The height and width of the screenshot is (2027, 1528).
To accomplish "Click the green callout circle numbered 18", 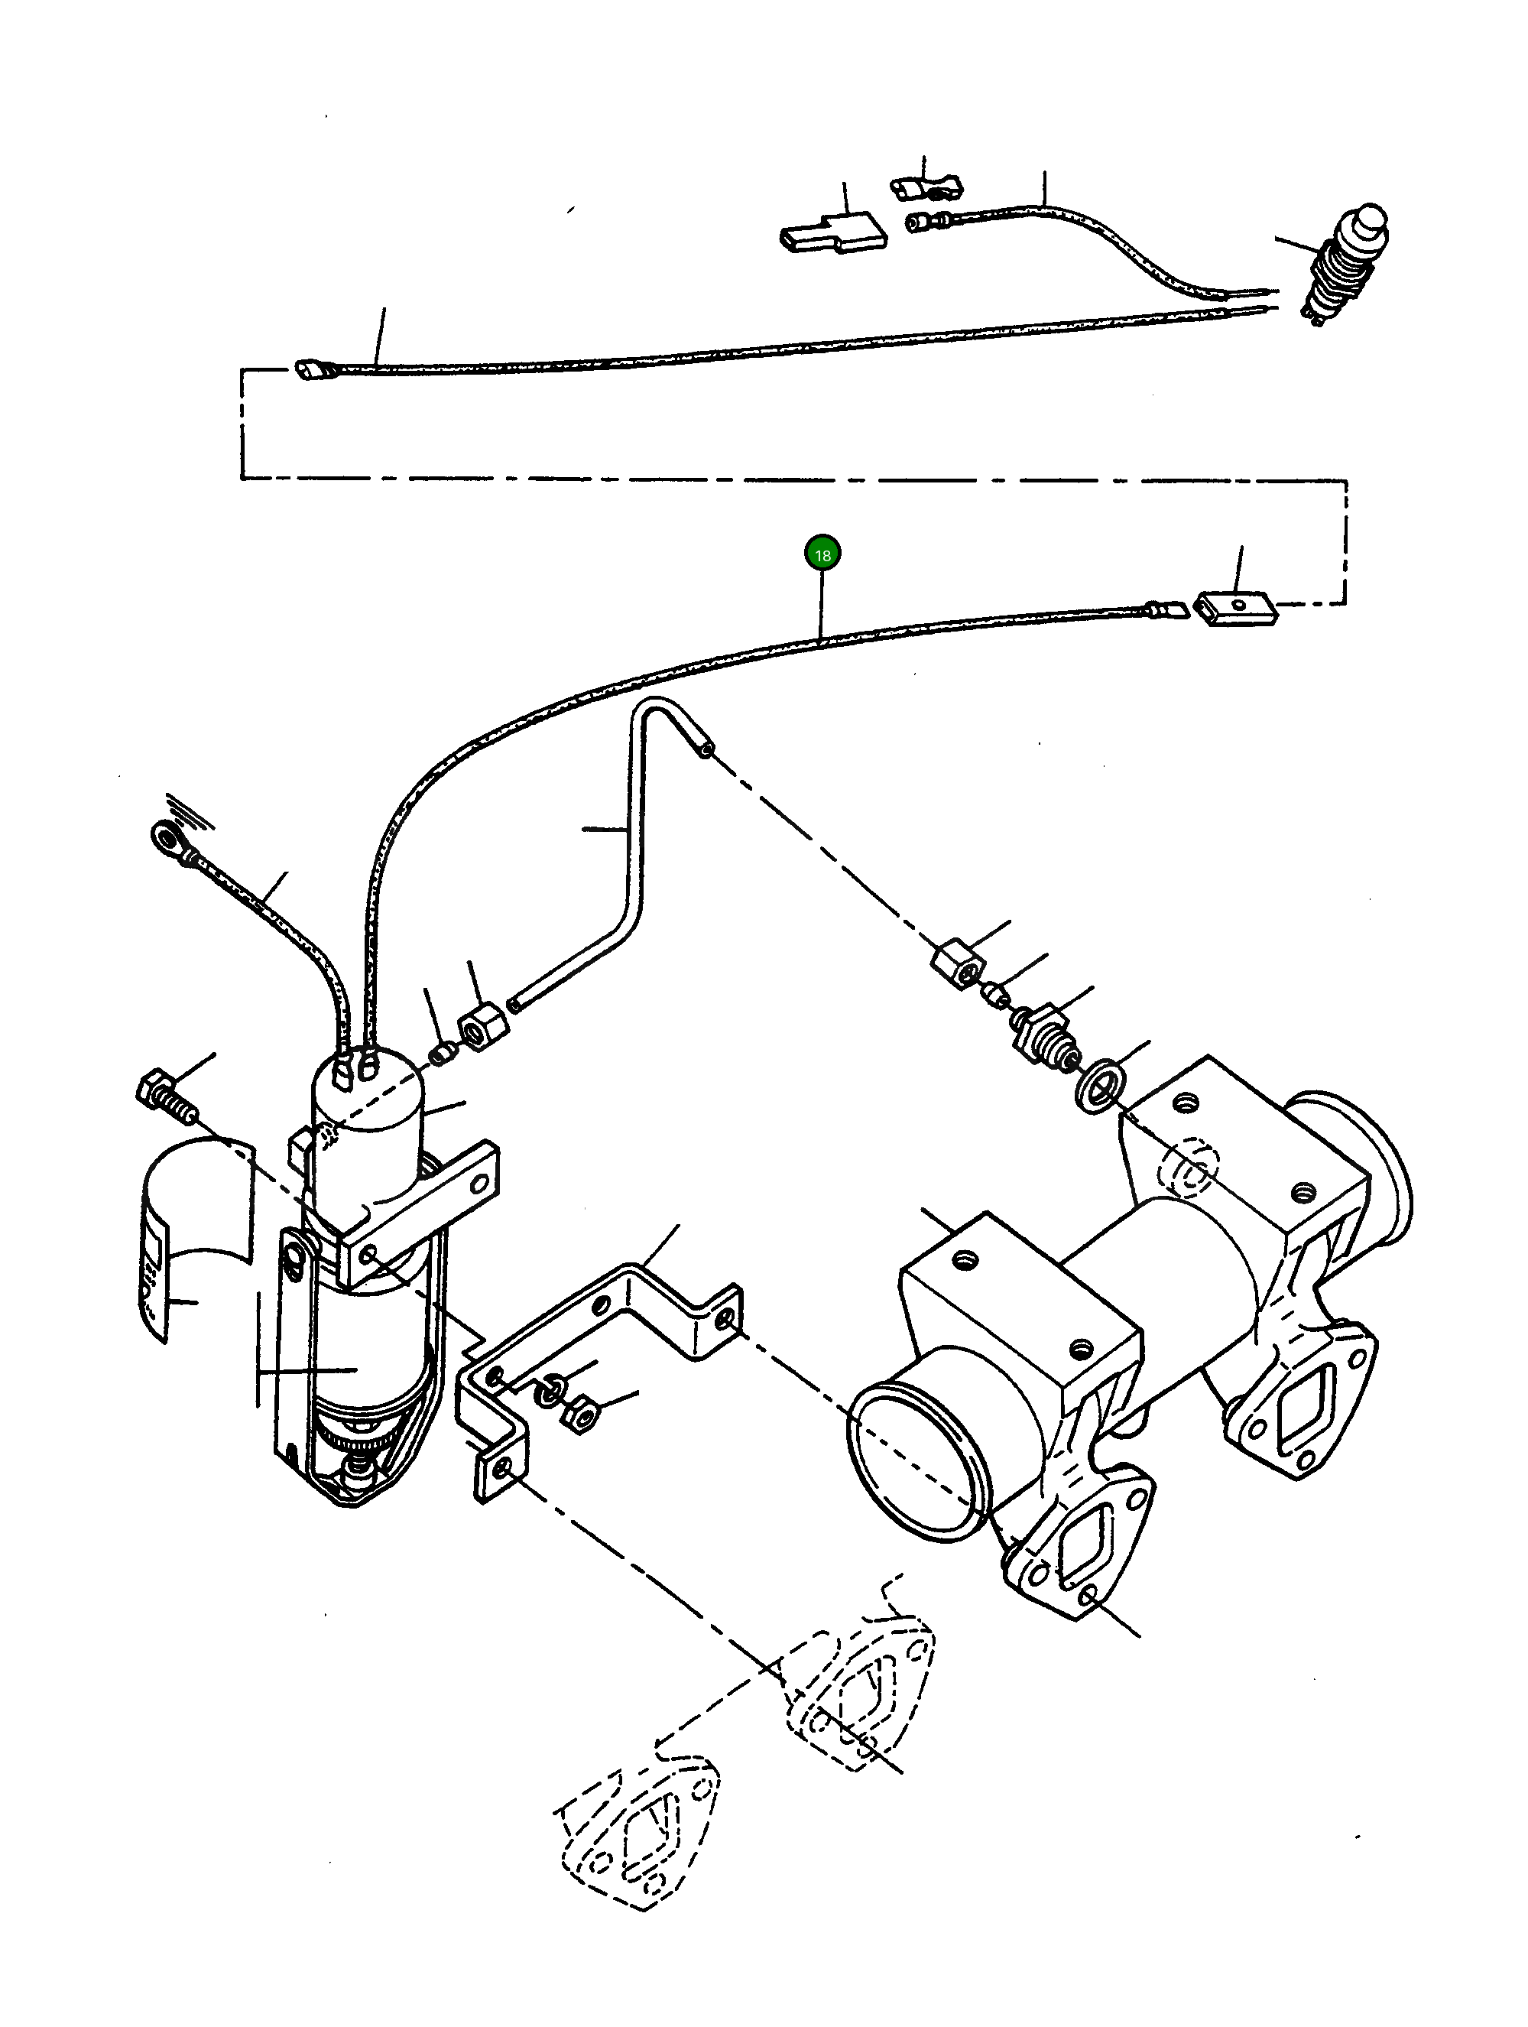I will click(822, 554).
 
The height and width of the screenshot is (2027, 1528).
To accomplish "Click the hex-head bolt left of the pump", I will click(165, 1098).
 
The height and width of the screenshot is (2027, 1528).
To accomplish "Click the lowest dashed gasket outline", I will click(637, 1842).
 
